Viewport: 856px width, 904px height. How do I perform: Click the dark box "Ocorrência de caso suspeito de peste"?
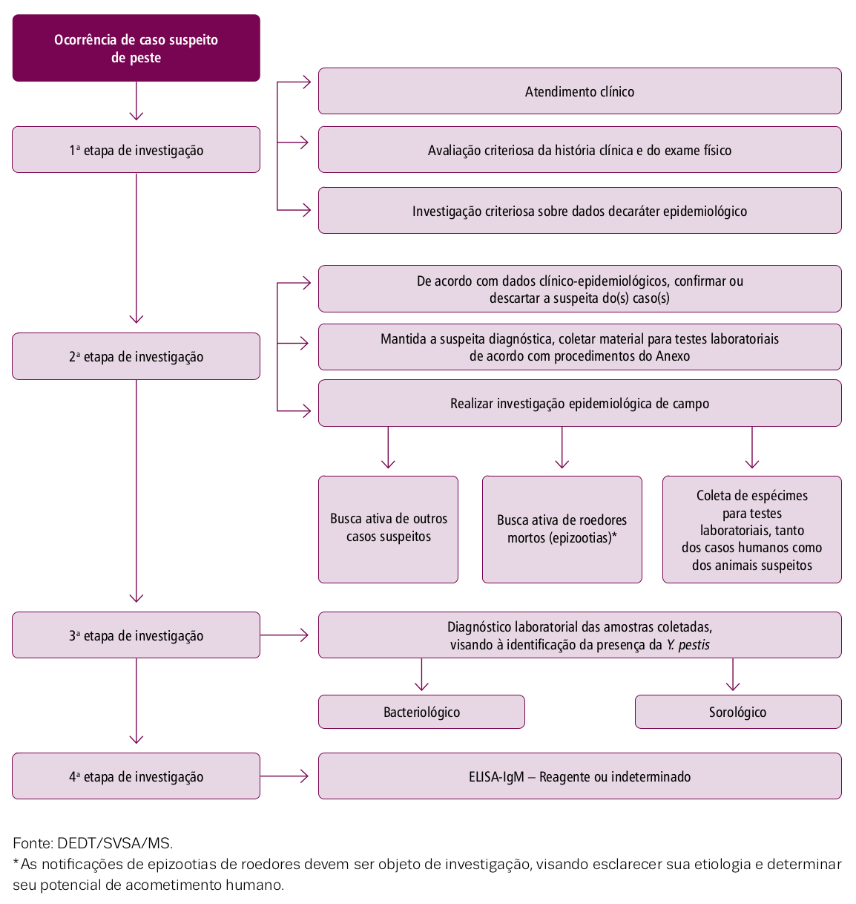tap(136, 48)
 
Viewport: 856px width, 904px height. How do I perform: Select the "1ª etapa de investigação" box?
tap(136, 149)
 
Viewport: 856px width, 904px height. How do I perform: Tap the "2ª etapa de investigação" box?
tap(136, 356)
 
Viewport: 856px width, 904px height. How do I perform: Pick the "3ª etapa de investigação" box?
tap(136, 635)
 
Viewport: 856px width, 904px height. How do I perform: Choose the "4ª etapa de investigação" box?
tap(136, 776)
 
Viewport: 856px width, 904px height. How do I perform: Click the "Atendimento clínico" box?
tap(580, 91)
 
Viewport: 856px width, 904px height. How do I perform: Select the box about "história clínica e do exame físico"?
tap(580, 149)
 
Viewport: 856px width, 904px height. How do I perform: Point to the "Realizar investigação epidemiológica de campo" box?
tap(580, 403)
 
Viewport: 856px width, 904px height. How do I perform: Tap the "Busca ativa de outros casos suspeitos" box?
tap(388, 529)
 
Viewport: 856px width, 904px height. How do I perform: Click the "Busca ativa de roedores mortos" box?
tap(562, 529)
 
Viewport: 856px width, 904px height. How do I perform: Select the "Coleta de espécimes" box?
tap(751, 529)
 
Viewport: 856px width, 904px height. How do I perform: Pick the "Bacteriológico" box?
tap(421, 711)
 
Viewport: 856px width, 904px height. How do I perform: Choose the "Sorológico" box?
tap(738, 711)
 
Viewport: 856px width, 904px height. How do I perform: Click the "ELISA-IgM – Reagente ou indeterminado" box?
tap(580, 776)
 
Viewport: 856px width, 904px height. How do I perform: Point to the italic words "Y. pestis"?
tap(688, 645)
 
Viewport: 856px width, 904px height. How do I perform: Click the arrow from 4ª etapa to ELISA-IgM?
tap(284, 776)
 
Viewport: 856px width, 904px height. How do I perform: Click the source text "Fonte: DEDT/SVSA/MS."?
tap(93, 843)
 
